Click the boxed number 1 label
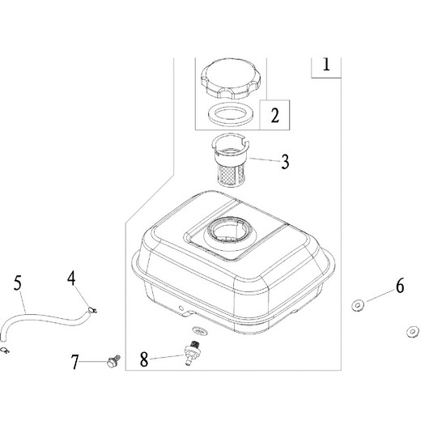326,65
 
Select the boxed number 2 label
274,115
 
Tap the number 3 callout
285,161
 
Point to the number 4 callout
71,278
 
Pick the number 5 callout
18,283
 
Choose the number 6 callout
400,287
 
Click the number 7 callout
75,362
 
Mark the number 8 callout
144,359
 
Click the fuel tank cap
231,79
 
